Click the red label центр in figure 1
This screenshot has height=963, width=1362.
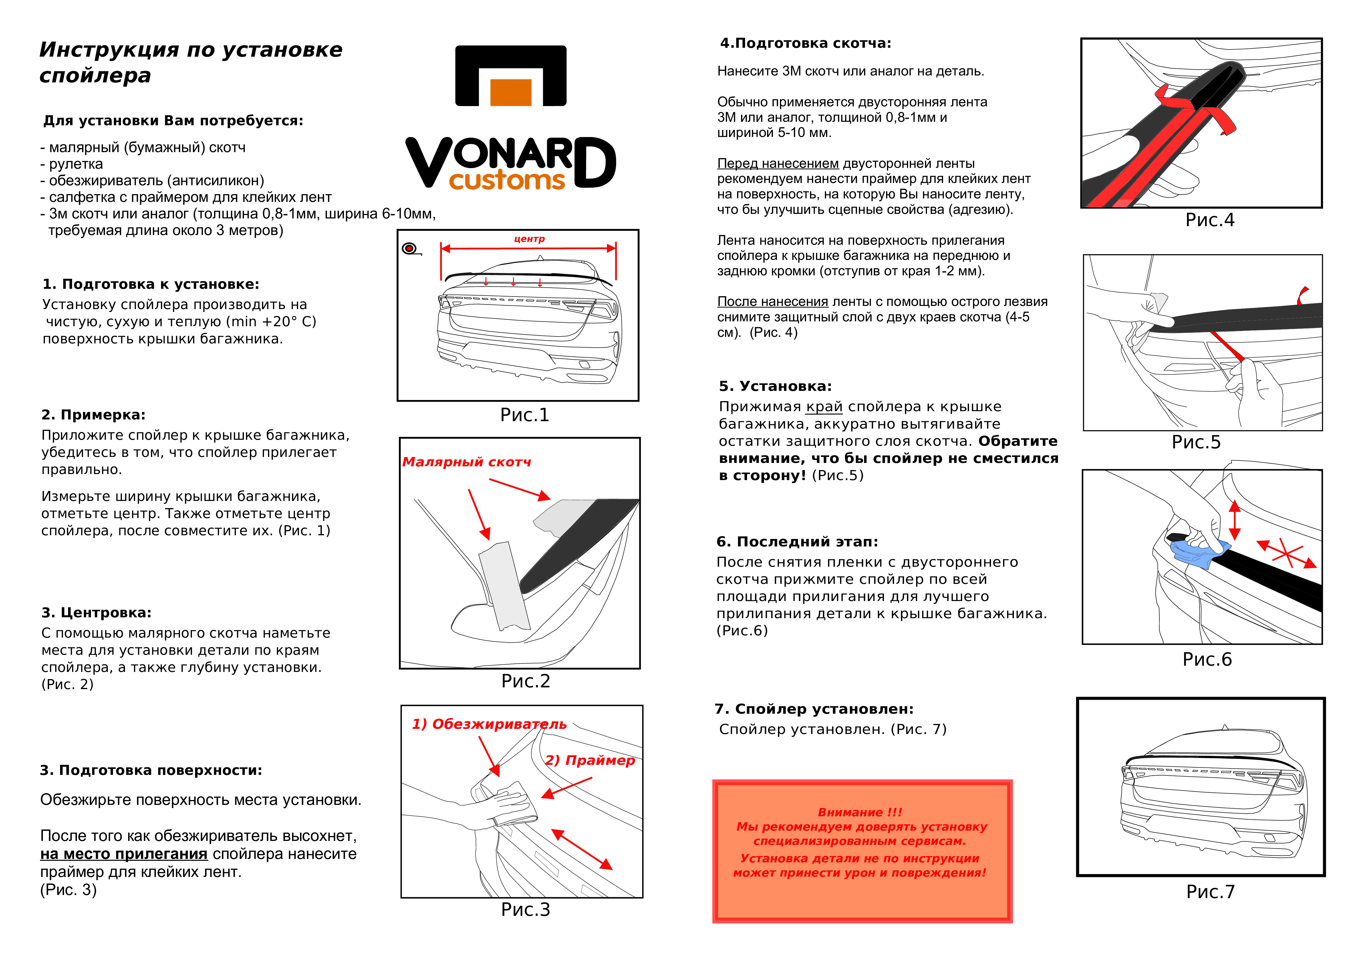tap(529, 239)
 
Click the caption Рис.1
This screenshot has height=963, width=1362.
tap(524, 415)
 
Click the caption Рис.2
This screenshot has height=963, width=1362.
tap(526, 681)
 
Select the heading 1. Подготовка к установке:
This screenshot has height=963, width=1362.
tap(151, 284)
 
